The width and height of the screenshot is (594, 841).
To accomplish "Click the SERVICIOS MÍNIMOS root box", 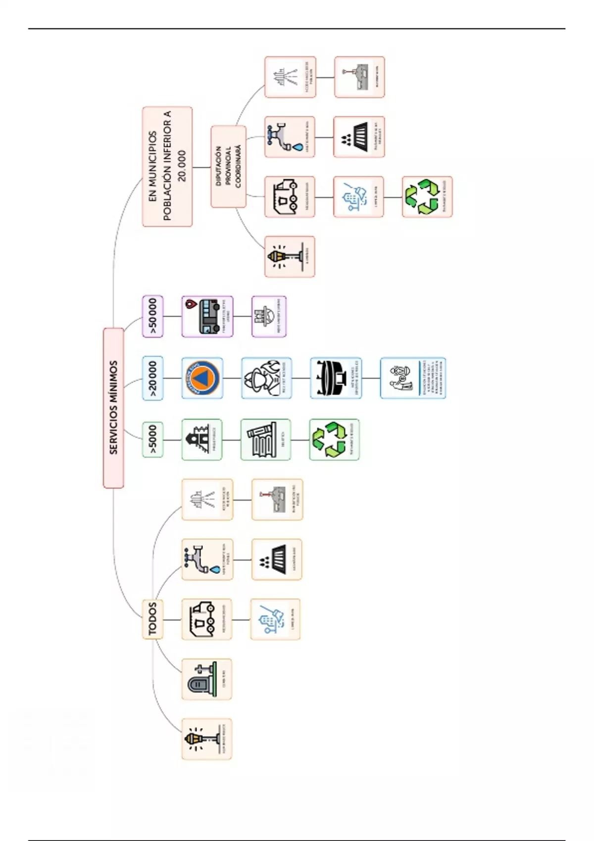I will [x=113, y=408].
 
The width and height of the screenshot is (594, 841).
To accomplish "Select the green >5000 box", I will [x=152, y=439].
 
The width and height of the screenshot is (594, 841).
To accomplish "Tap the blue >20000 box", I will [x=152, y=378].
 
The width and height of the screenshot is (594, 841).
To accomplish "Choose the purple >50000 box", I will [x=152, y=317].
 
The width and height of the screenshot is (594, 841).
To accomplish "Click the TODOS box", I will [x=152, y=619].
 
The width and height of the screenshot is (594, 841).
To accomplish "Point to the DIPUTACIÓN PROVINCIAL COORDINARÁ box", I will [x=228, y=167].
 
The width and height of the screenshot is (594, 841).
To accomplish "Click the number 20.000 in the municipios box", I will [x=182, y=166].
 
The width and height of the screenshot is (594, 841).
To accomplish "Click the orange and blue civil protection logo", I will [x=202, y=378].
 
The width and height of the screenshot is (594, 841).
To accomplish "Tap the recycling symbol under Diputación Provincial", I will [x=422, y=196].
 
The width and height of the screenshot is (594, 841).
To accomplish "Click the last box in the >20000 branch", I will [x=413, y=378].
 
